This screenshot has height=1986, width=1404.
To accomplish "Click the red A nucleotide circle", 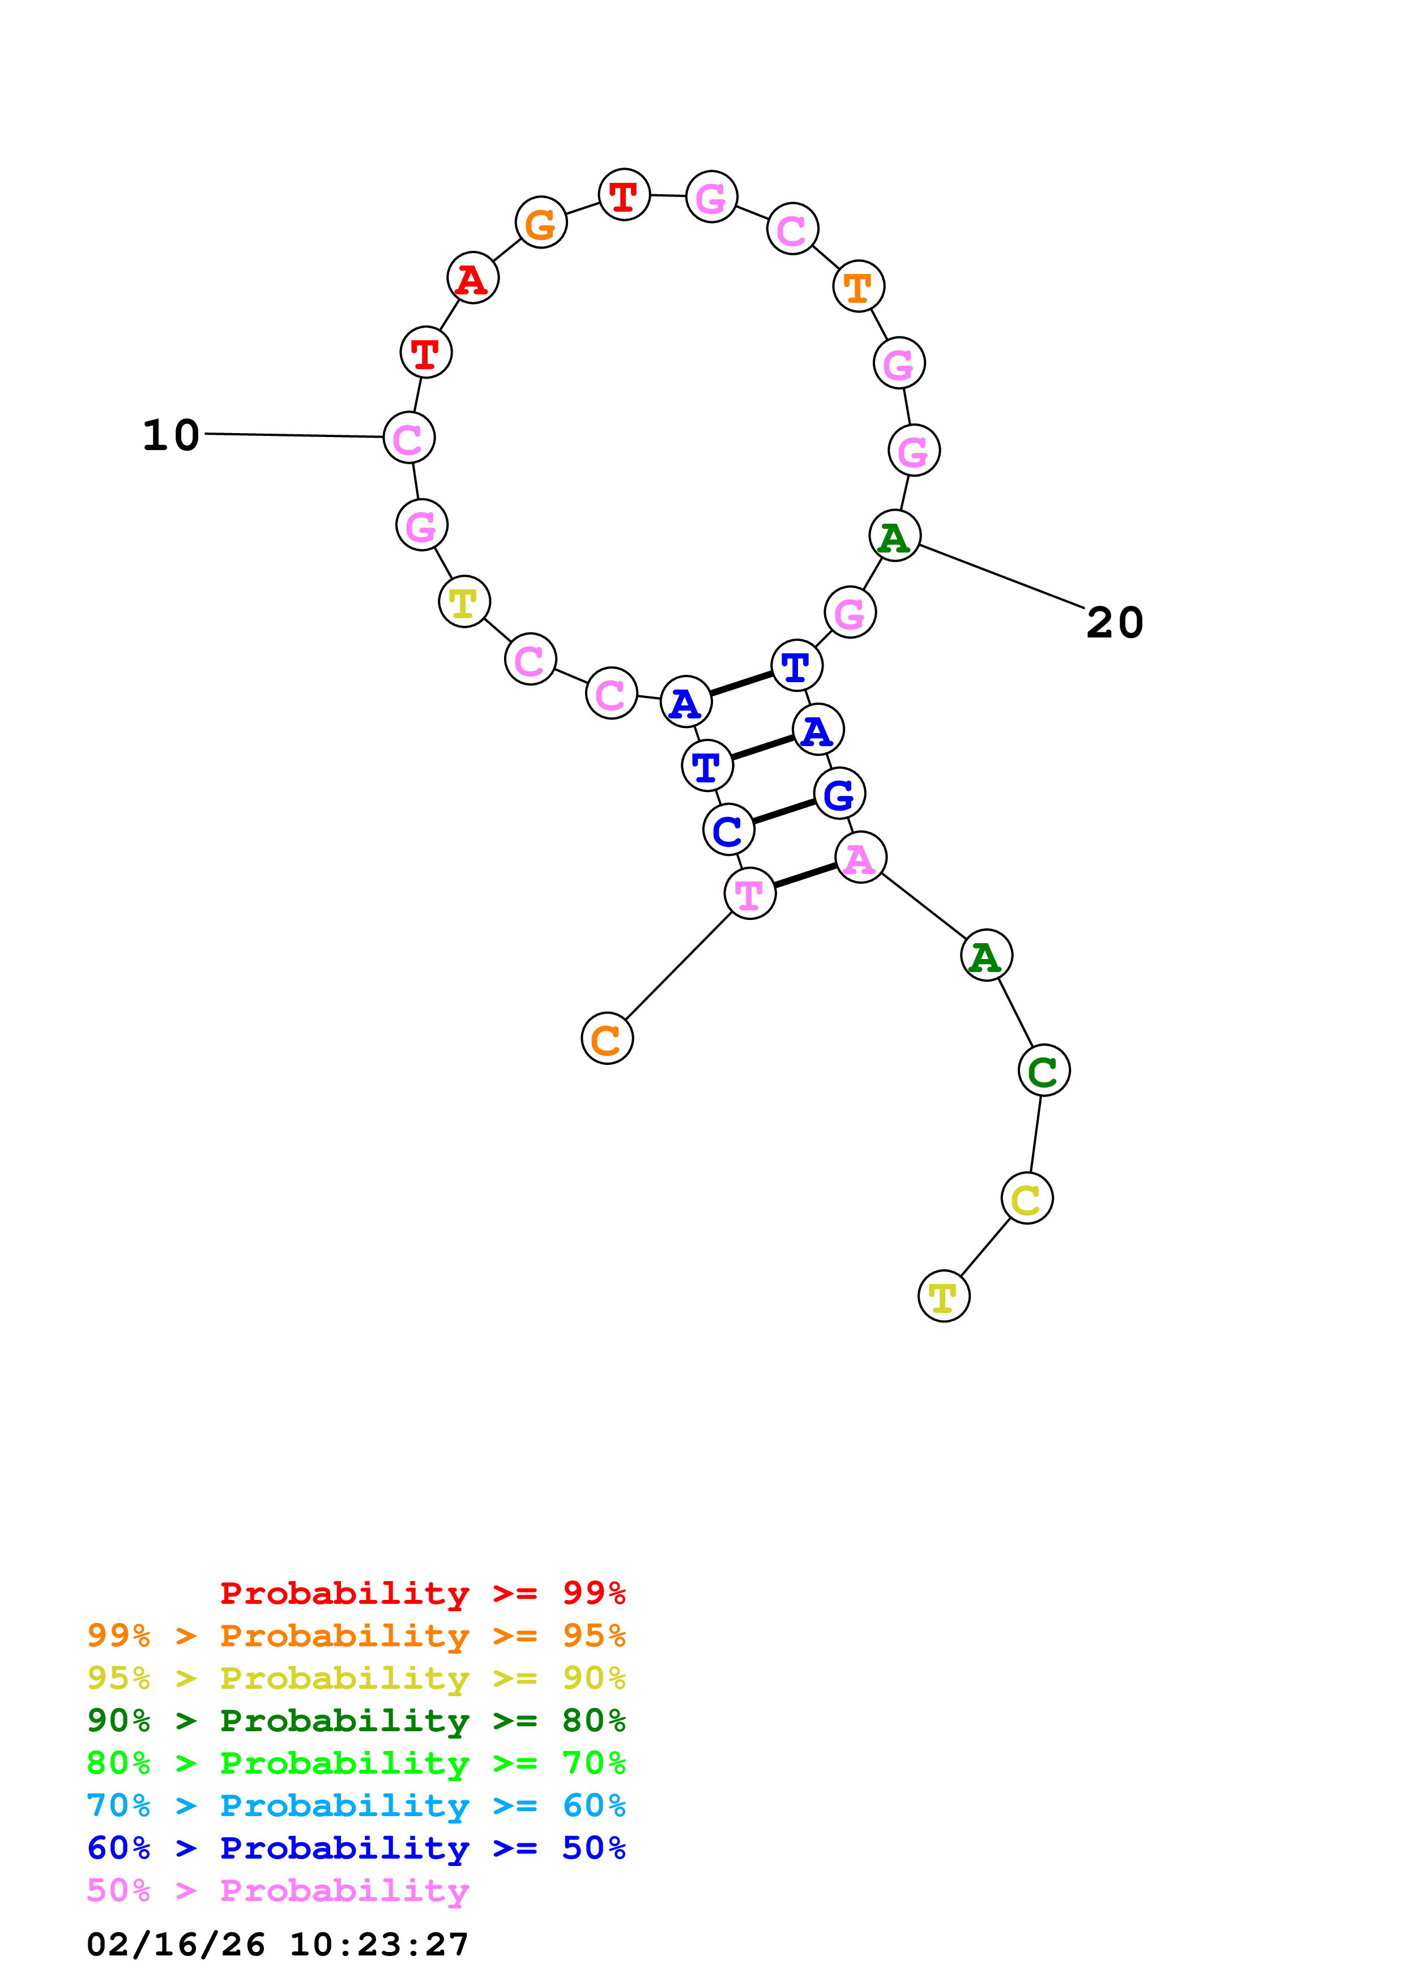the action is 472,279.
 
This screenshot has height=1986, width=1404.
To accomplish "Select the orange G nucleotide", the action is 541,223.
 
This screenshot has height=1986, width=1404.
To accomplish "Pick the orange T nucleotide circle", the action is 858,286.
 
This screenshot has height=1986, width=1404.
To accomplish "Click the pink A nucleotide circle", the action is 860,858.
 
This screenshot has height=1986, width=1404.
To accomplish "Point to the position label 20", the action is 1114,622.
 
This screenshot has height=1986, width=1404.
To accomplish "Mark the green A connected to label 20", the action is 894,536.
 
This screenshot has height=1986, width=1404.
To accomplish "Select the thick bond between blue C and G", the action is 784,811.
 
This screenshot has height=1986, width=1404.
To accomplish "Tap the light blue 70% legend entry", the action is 356,1805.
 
